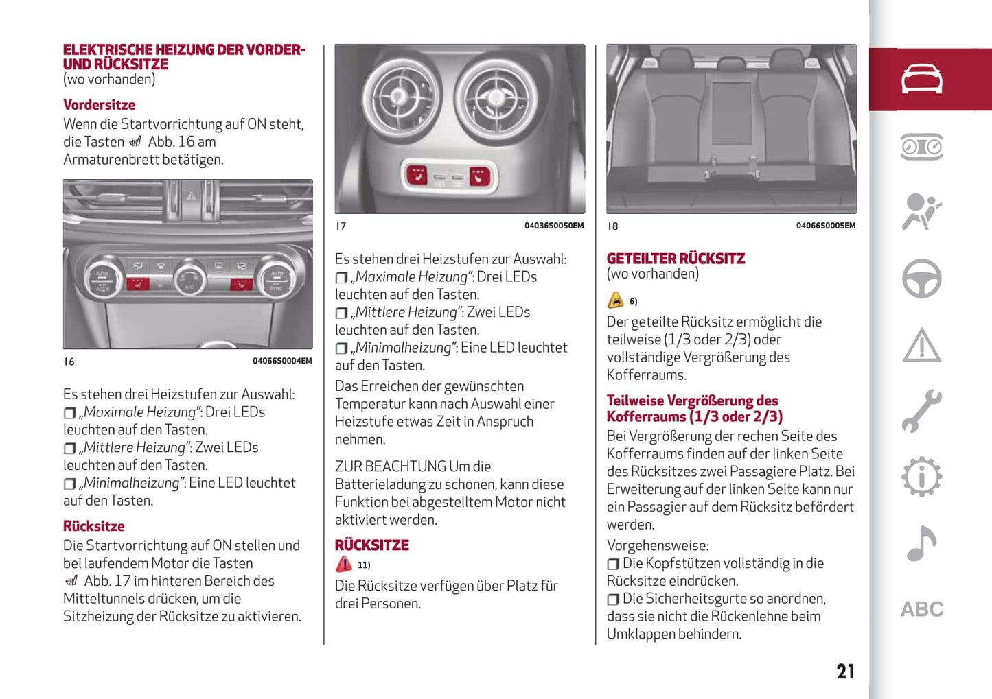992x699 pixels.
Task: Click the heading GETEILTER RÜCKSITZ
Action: pyautogui.click(x=676, y=259)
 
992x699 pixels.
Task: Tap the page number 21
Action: pyautogui.click(x=845, y=671)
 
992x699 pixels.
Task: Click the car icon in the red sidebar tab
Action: pyautogui.click(x=921, y=79)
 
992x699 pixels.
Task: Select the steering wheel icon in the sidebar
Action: pyautogui.click(x=921, y=279)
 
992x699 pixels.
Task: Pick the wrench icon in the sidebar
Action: pyautogui.click(x=921, y=411)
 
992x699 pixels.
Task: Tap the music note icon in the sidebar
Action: pyautogui.click(x=921, y=543)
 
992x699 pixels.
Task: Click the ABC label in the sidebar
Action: pyautogui.click(x=922, y=609)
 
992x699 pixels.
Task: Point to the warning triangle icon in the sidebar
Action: pyautogui.click(x=921, y=345)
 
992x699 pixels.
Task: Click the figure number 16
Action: pyautogui.click(x=69, y=362)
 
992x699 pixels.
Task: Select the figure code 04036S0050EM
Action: pyautogui.click(x=554, y=226)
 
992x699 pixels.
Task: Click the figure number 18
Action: pyautogui.click(x=613, y=226)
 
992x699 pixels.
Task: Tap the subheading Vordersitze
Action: pyautogui.click(x=99, y=105)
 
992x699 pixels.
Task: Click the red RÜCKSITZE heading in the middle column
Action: pyautogui.click(x=371, y=545)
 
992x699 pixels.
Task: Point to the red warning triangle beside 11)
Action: pyautogui.click(x=343, y=565)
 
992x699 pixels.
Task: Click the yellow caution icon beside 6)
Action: pyautogui.click(x=616, y=300)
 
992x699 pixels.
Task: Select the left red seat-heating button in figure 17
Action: pyautogui.click(x=417, y=175)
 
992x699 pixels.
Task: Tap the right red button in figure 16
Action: pyautogui.click(x=241, y=283)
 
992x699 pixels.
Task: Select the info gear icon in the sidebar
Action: pyautogui.click(x=921, y=477)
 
